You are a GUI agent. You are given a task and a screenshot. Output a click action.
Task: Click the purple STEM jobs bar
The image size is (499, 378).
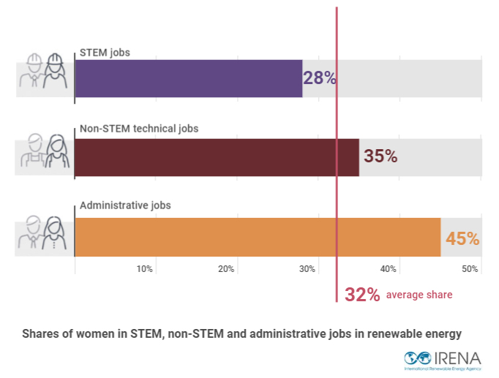tap(188, 78)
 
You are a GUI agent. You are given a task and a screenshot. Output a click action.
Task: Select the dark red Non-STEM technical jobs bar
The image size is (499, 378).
tap(217, 157)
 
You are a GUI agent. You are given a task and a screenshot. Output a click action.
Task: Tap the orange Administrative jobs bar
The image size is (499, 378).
tap(258, 237)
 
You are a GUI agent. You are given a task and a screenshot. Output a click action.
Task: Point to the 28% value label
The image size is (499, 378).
tap(320, 78)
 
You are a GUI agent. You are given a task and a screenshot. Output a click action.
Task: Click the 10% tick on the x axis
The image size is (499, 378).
tap(144, 269)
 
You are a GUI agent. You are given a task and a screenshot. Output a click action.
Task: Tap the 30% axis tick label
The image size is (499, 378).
tap(307, 269)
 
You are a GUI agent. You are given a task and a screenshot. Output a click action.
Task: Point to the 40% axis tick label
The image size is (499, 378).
tap(388, 269)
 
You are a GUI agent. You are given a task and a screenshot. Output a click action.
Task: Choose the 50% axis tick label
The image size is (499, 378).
tap(469, 269)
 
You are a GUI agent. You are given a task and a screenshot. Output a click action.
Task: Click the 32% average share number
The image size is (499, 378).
tap(362, 295)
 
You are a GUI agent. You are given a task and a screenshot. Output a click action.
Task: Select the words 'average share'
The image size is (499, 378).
tap(419, 295)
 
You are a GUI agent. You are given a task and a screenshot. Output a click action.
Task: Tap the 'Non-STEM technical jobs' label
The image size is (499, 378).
tap(138, 129)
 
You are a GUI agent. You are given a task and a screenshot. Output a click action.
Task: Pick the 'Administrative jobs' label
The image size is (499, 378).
tap(125, 205)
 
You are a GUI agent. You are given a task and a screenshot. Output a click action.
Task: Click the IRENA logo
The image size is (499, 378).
tap(443, 359)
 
